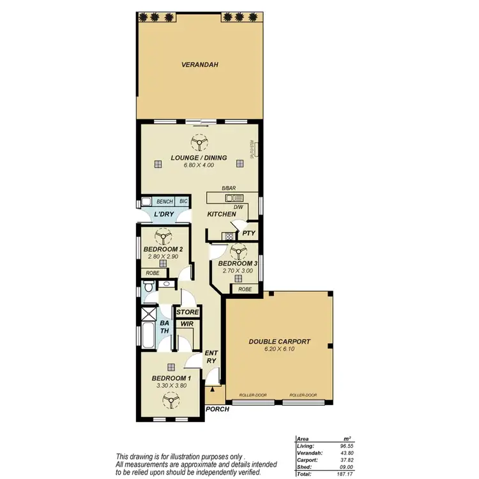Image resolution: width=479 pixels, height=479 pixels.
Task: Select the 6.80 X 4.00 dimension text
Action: click(197, 165)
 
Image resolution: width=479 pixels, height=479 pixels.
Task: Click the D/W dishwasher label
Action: click(238, 206)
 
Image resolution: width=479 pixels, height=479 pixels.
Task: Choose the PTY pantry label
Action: click(249, 234)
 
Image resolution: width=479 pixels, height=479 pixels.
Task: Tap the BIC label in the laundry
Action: click(183, 201)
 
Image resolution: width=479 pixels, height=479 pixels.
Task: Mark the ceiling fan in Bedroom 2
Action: click(164, 237)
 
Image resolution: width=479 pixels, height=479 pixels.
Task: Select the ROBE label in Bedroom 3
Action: click(245, 289)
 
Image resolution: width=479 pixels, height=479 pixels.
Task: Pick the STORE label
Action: click(188, 312)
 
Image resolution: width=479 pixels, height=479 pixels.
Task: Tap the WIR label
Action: click(187, 324)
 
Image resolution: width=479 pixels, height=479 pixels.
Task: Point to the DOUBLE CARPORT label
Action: click(279, 342)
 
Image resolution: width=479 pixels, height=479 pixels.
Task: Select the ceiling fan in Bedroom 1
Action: click(171, 400)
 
